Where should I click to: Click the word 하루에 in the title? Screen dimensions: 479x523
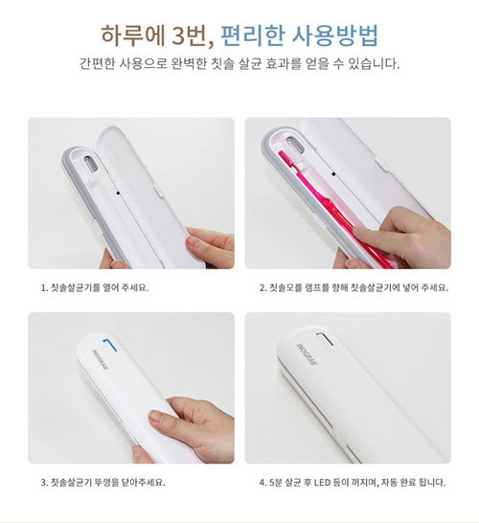pyautogui.click(x=133, y=35)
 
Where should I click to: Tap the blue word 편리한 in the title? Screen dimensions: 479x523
pyautogui.click(x=253, y=35)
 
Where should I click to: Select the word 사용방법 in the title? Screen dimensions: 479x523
pyautogui.click(x=335, y=35)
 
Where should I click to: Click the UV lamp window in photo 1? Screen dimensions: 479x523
pyautogui.click(x=90, y=165)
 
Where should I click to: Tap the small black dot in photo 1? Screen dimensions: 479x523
pyautogui.click(x=118, y=193)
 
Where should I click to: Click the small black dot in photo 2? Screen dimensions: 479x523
pyautogui.click(x=333, y=173)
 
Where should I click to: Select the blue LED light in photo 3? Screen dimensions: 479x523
pyautogui.click(x=109, y=345)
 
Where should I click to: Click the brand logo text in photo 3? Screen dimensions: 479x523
pyautogui.click(x=101, y=358)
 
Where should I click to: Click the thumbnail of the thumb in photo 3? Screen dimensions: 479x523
pyautogui.click(x=156, y=417)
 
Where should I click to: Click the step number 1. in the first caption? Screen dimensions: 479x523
pyautogui.click(x=45, y=287)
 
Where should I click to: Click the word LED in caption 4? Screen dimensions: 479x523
pyautogui.click(x=322, y=483)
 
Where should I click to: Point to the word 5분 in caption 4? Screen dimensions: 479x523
pyautogui.click(x=276, y=483)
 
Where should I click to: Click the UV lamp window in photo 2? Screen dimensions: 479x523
pyautogui.click(x=293, y=143)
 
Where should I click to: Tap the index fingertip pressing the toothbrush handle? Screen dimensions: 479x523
pyautogui.click(x=360, y=231)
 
